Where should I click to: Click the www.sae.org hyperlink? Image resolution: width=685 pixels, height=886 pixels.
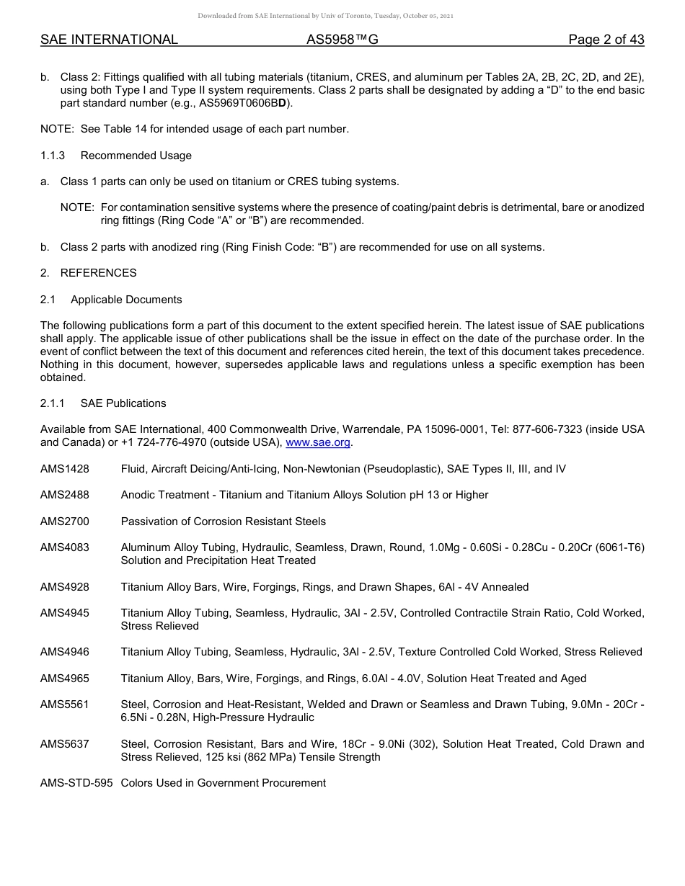[x=318, y=442]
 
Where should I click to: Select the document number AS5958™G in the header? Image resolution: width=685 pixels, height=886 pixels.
[x=342, y=40]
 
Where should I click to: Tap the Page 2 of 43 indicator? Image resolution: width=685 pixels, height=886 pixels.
[x=606, y=40]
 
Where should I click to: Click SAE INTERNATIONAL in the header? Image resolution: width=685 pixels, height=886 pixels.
[x=109, y=40]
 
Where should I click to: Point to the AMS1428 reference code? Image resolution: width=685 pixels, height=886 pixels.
[x=65, y=469]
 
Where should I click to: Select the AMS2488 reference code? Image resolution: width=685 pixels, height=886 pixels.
[x=65, y=495]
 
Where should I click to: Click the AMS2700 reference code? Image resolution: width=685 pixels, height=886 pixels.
[x=65, y=522]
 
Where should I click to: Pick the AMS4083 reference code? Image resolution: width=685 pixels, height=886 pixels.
[x=65, y=547]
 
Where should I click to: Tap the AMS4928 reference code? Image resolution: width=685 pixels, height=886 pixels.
[x=65, y=587]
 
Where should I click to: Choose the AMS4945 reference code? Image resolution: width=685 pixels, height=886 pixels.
[x=65, y=613]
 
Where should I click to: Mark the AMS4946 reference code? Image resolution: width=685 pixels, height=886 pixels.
[x=65, y=652]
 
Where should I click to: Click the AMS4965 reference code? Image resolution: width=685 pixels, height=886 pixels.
[x=65, y=679]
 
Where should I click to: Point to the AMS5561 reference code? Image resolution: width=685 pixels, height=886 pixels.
[x=65, y=704]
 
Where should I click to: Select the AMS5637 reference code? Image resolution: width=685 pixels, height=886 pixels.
[x=65, y=744]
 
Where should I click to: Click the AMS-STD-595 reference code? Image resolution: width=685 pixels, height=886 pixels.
[x=76, y=783]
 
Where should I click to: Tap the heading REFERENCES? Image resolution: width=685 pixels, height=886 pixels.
[x=98, y=273]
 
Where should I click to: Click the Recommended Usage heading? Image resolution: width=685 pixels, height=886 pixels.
[x=136, y=156]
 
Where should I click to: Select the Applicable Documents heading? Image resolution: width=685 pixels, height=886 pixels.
[x=126, y=300]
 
